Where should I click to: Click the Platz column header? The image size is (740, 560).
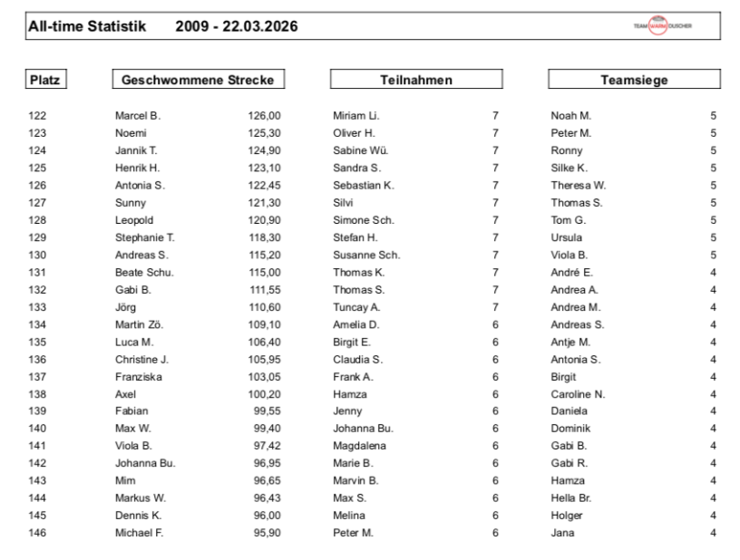45,81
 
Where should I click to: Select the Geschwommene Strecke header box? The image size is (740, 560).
197,81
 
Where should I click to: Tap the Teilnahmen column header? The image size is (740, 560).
415,81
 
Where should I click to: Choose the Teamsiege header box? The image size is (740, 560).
634,81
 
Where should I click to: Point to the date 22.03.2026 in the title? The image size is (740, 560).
258,27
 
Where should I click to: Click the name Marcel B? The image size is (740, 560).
137,116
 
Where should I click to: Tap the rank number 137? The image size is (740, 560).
38,377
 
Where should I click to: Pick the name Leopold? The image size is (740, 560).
133,220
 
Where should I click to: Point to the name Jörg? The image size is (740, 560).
125,307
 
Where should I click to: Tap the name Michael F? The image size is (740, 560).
139,533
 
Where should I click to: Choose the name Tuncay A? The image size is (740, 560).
356,307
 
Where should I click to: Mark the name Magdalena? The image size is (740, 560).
360,446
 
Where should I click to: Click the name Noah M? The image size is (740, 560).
571,116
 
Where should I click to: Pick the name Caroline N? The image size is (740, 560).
577,394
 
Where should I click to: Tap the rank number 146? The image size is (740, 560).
38,533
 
